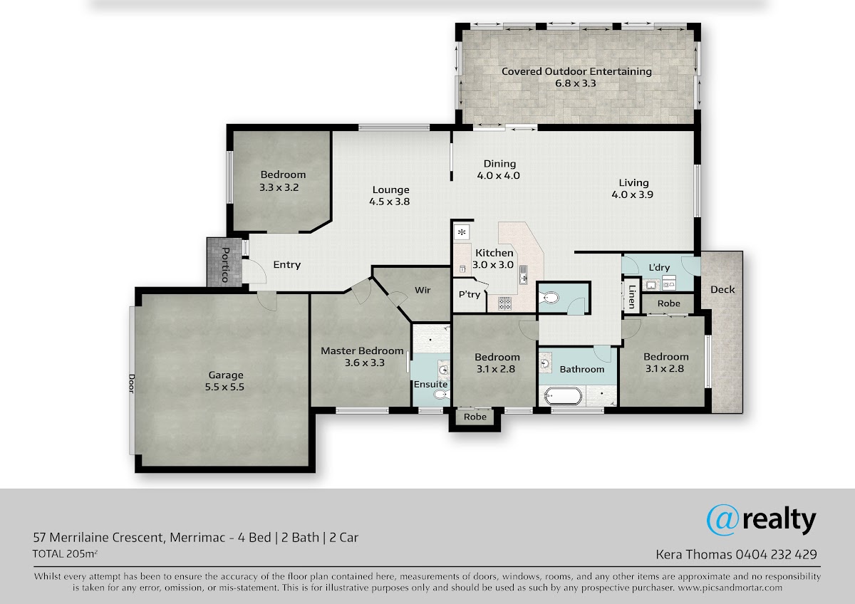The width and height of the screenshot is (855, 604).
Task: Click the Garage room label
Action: point(226,375)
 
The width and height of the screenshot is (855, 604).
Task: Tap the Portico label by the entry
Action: point(225,265)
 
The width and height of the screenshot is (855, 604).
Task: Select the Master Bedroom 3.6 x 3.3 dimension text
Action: point(365,363)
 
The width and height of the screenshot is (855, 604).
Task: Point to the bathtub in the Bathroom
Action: point(563,396)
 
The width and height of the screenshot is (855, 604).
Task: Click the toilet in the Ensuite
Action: point(442,395)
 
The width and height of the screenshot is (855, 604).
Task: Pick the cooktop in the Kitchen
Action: point(504,303)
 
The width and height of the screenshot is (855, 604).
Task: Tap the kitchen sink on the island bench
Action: point(523,275)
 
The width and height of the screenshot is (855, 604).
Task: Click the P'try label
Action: point(470,294)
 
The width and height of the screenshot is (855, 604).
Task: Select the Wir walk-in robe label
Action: point(423,290)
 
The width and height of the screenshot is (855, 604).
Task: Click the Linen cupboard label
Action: point(632,297)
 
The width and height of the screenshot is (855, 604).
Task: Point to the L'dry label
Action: point(659,268)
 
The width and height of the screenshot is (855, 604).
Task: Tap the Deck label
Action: point(722,290)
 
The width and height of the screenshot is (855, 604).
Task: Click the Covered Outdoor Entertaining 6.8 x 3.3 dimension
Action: point(575,83)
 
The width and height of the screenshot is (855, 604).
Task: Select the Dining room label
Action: point(499,164)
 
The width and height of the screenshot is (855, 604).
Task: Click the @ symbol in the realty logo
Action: point(722,520)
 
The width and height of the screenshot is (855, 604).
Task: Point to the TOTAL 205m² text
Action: point(65,553)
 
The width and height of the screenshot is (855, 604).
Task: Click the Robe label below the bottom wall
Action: point(475,417)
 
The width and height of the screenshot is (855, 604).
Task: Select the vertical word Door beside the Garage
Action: point(131,383)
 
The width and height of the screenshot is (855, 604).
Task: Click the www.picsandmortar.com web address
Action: point(730,588)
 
